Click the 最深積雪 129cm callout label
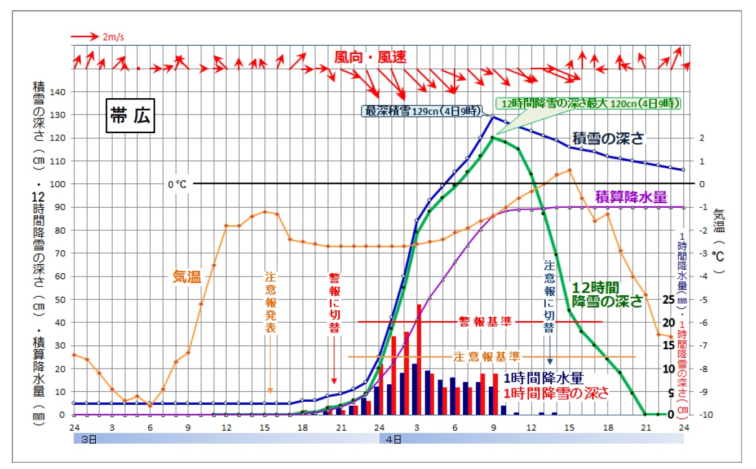pos(423,111)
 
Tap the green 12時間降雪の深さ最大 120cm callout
pos(589,104)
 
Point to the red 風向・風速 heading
pos(370,57)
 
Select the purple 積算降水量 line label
pos(631,197)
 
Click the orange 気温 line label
pos(187,277)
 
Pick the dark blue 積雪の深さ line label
pos(608,139)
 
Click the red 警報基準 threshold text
pos(485,322)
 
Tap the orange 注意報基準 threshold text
pos(487,357)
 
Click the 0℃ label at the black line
pos(176,183)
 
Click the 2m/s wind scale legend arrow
pos(85,37)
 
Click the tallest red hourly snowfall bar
pos(419,360)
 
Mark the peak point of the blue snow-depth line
pos(493,117)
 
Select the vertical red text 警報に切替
pos(334,304)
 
